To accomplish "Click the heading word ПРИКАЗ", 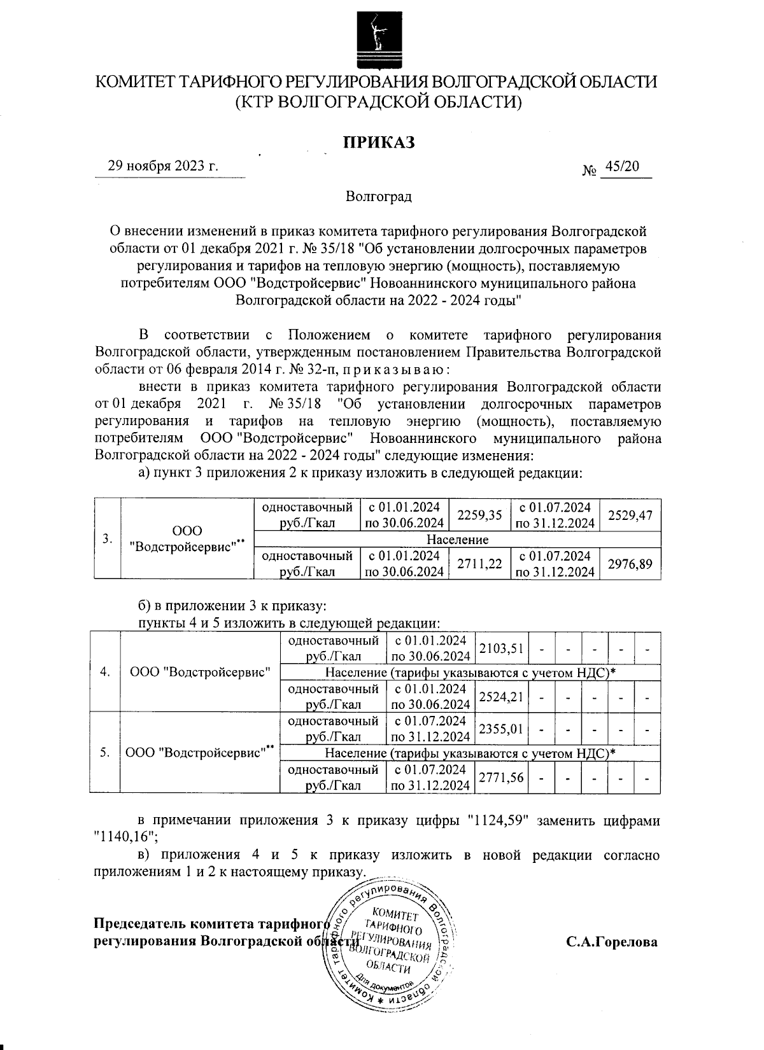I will point(379,142).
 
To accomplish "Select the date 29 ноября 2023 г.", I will point(164,166).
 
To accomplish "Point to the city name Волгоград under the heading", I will point(379,197).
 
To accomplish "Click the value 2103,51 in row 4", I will point(501,648).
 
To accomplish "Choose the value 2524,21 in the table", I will point(501,696).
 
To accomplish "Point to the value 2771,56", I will point(501,777).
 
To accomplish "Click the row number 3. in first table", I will point(108,539).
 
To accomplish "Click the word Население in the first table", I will point(457,540).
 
